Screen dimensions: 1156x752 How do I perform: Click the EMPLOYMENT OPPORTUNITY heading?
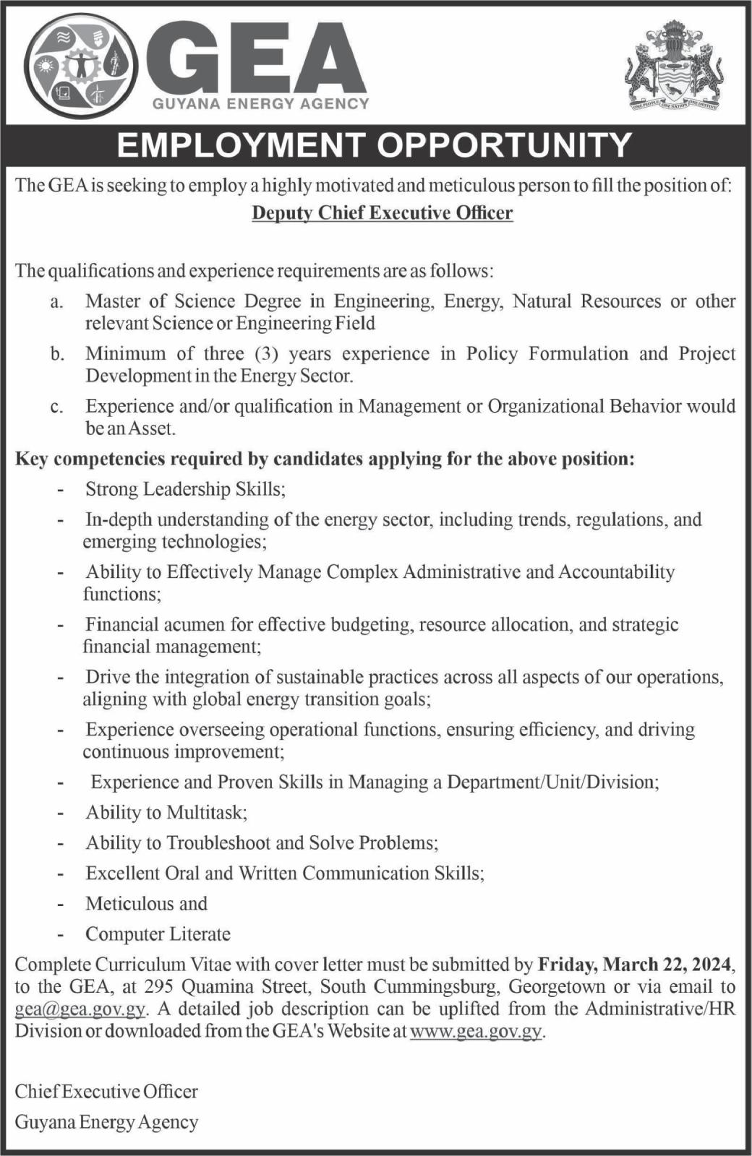point(375,145)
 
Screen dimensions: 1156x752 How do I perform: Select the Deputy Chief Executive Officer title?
point(383,213)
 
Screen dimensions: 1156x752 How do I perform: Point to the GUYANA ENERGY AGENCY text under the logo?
point(261,104)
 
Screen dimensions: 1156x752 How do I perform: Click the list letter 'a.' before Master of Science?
point(57,302)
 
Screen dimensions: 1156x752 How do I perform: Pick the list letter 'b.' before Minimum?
point(57,355)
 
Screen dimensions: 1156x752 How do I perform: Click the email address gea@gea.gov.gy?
point(80,1009)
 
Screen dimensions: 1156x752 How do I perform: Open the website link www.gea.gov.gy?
point(476,1031)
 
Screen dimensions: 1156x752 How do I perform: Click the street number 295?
point(158,987)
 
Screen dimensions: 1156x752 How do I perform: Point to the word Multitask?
point(207,813)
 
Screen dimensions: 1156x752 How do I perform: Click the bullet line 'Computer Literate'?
point(158,934)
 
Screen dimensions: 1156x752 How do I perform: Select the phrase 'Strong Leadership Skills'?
point(185,489)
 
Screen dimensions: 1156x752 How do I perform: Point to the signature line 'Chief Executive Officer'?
point(106,1092)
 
